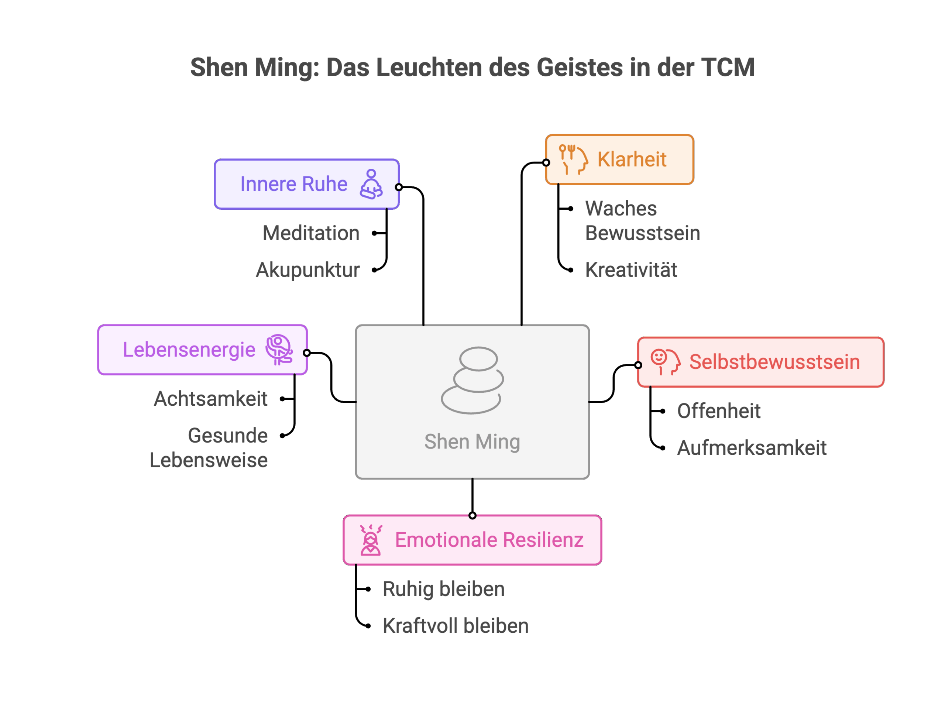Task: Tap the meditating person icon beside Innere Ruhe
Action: pos(371,184)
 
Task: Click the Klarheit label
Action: pos(632,159)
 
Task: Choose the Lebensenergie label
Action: pos(189,350)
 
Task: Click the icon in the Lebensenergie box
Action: pos(279,350)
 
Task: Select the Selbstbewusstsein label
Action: pos(774,362)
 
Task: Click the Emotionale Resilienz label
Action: pos(489,540)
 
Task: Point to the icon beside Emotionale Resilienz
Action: pos(371,540)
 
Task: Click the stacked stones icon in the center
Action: pos(472,380)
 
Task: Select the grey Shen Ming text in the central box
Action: pos(472,442)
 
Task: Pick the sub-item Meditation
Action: pos(311,233)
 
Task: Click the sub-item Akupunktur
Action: pos(308,270)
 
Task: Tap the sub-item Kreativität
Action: pos(631,270)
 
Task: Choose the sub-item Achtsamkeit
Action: pos(211,399)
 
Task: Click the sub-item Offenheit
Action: pos(719,411)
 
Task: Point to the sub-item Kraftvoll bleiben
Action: pos(456,626)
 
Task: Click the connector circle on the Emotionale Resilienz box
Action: pos(472,515)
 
